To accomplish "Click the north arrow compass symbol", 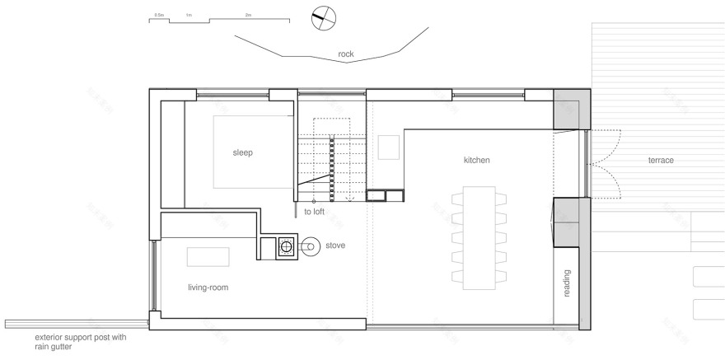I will point(324,19).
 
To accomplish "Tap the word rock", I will point(346,54).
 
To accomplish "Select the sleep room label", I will point(242,152).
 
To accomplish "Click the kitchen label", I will point(476,160).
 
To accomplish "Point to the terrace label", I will point(660,160).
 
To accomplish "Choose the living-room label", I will point(207,288).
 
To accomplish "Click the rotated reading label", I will point(567,283).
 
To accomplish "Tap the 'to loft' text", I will point(314,212).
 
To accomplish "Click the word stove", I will point(334,245).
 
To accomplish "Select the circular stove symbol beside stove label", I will point(310,245).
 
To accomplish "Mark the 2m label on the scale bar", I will point(249,15).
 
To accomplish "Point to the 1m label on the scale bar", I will point(189,15).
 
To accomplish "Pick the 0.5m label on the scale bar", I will point(158,15).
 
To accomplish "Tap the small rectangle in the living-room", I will point(207,257).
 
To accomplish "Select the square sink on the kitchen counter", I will point(388,147).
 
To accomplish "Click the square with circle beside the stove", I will point(286,245).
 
